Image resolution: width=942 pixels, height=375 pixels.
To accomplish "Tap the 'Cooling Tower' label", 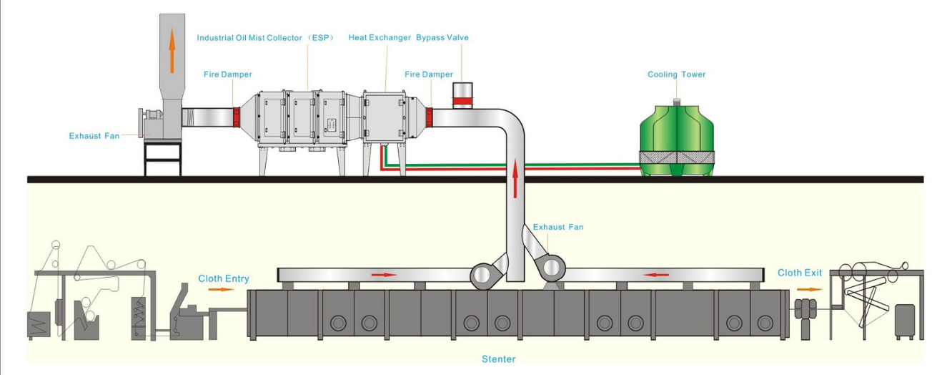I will (676, 74).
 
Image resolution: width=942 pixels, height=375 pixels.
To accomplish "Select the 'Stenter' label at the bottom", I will (498, 359).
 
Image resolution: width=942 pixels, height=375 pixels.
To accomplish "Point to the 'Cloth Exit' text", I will (800, 273).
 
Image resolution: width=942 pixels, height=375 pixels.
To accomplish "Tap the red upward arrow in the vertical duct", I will (514, 180).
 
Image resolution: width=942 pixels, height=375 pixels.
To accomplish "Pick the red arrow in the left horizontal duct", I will (385, 274).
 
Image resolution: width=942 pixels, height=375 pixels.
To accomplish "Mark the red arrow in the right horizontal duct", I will (658, 274).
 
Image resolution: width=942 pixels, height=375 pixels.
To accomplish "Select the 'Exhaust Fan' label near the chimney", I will (94, 135).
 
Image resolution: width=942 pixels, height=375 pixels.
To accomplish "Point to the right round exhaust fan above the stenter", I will (551, 269).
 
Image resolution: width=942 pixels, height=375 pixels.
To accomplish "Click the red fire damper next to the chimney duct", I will (235, 117).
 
